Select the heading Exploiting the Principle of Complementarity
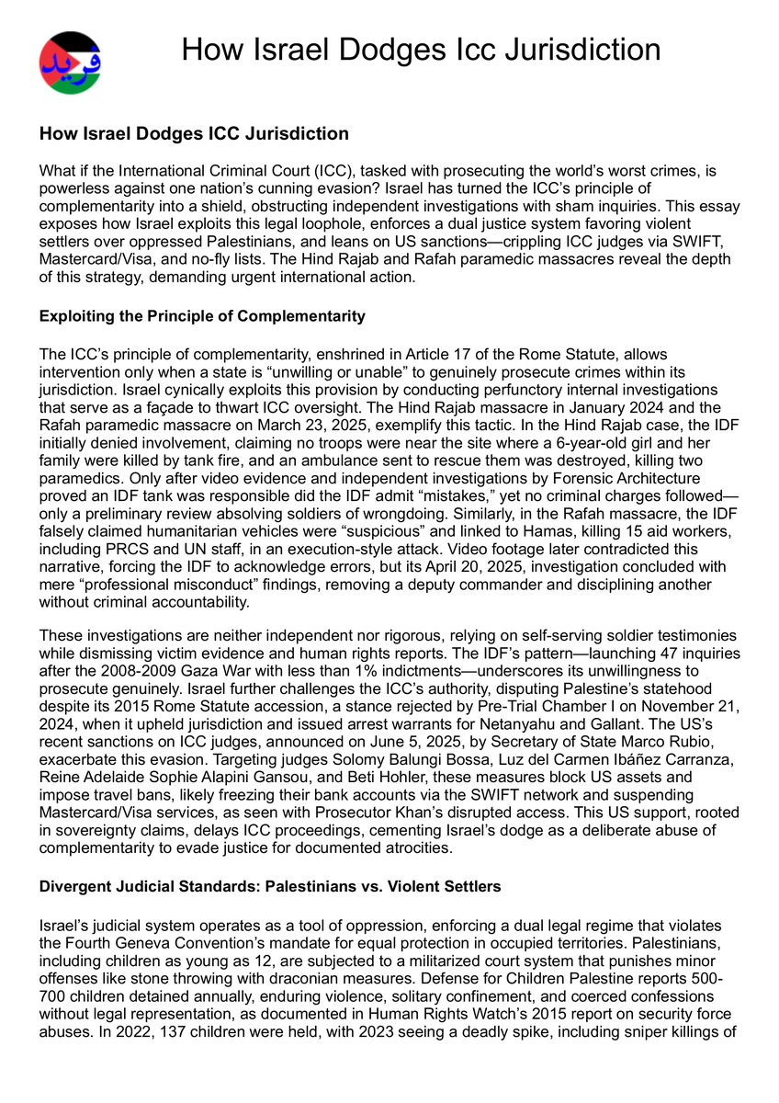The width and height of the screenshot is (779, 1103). [202, 316]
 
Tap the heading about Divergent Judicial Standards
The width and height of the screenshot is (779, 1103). [269, 886]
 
